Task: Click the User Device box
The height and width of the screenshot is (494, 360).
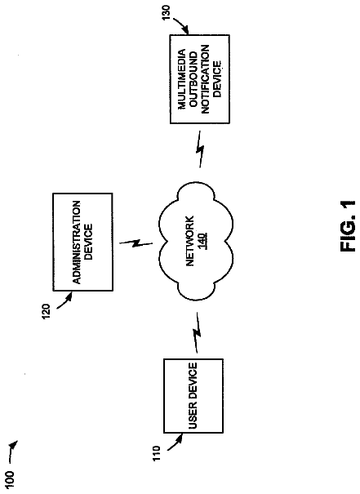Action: [x=193, y=396]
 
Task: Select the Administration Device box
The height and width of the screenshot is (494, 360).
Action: [x=82, y=242]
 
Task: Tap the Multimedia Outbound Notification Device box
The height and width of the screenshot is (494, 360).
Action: [x=200, y=79]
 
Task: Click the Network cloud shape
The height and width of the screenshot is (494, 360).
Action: [x=197, y=242]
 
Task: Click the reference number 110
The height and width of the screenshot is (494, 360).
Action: [x=157, y=453]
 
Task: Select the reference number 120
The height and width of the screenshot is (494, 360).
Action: [x=46, y=311]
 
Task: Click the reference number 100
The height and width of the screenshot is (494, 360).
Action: [x=10, y=479]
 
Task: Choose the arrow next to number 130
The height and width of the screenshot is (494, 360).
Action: [x=180, y=24]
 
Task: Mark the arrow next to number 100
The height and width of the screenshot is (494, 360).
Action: [x=13, y=450]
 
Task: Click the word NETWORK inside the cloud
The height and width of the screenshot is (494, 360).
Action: [x=190, y=242]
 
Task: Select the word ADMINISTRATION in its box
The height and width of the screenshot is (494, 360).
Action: [x=77, y=243]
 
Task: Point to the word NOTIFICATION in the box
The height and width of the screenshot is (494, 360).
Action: [x=205, y=79]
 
